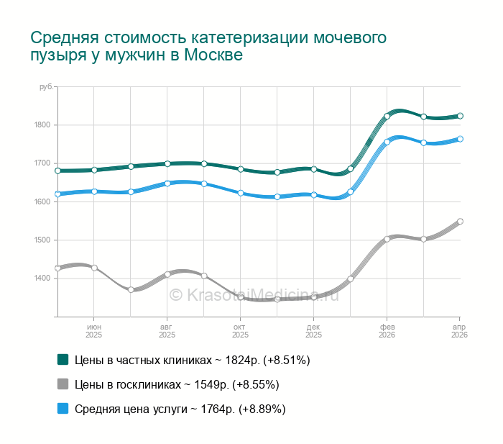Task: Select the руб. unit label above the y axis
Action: (46, 87)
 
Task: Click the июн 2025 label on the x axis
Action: (94, 331)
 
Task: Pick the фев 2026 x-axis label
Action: (387, 331)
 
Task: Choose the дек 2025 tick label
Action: (313, 331)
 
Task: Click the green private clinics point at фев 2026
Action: (387, 116)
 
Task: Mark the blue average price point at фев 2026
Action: (387, 142)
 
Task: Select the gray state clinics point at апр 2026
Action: (460, 222)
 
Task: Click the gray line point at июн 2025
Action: (94, 268)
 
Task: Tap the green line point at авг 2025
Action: (167, 164)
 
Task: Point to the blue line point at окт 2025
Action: (241, 193)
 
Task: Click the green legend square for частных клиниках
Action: (63, 359)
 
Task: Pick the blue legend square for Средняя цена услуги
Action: (63, 409)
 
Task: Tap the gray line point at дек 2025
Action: (314, 296)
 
